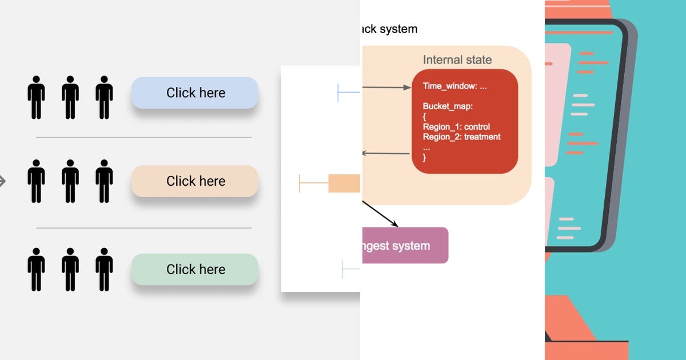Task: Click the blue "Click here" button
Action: pos(195,93)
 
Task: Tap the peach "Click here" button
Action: pos(195,181)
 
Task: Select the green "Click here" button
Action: pos(195,269)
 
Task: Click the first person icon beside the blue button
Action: pos(36,97)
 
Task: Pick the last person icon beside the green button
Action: pos(104,269)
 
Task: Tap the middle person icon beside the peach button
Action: pos(70,181)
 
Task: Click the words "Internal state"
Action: pos(457,60)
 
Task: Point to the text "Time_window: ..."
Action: pos(454,86)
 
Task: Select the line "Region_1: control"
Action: pos(456,127)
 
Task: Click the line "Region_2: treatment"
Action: pos(461,137)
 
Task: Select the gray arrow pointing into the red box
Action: pos(386,87)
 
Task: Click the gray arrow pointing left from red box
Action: pos(386,153)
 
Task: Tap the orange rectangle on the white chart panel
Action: pos(344,183)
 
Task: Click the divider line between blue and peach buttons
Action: pos(143,138)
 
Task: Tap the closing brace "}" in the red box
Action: pos(425,158)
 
